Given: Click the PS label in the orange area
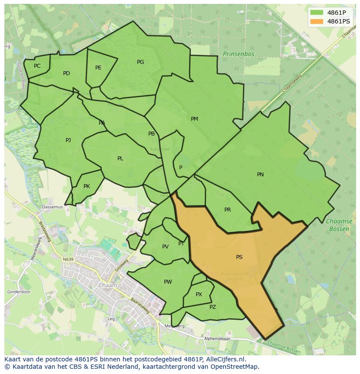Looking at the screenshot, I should pyautogui.click(x=239, y=257).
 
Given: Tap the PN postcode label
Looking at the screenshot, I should pyautogui.click(x=260, y=175).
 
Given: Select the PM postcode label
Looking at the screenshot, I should pyautogui.click(x=194, y=119).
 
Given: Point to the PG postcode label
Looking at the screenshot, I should pyautogui.click(x=140, y=62).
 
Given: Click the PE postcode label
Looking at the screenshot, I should pyautogui.click(x=98, y=68).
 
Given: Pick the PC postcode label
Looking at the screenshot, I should pyautogui.click(x=37, y=66).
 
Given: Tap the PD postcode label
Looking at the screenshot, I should pyautogui.click(x=66, y=73).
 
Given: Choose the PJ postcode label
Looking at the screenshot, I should pyautogui.click(x=68, y=140).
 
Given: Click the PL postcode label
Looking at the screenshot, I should pyautogui.click(x=120, y=159).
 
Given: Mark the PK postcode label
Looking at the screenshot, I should pyautogui.click(x=87, y=186).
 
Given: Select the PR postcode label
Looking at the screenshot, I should pyautogui.click(x=227, y=210).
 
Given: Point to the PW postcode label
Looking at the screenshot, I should pyautogui.click(x=168, y=282).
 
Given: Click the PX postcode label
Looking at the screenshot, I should pyautogui.click(x=199, y=295).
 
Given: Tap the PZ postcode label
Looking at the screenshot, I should pyautogui.click(x=213, y=307).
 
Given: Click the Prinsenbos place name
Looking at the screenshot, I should pyautogui.click(x=238, y=54).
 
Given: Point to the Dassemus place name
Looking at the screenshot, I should pyautogui.click(x=52, y=207).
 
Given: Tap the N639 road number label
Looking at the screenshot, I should pyautogui.click(x=68, y=259).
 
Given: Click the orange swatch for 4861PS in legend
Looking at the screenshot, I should pyautogui.click(x=317, y=21).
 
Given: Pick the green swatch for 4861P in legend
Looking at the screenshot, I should pyautogui.click(x=317, y=12).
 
